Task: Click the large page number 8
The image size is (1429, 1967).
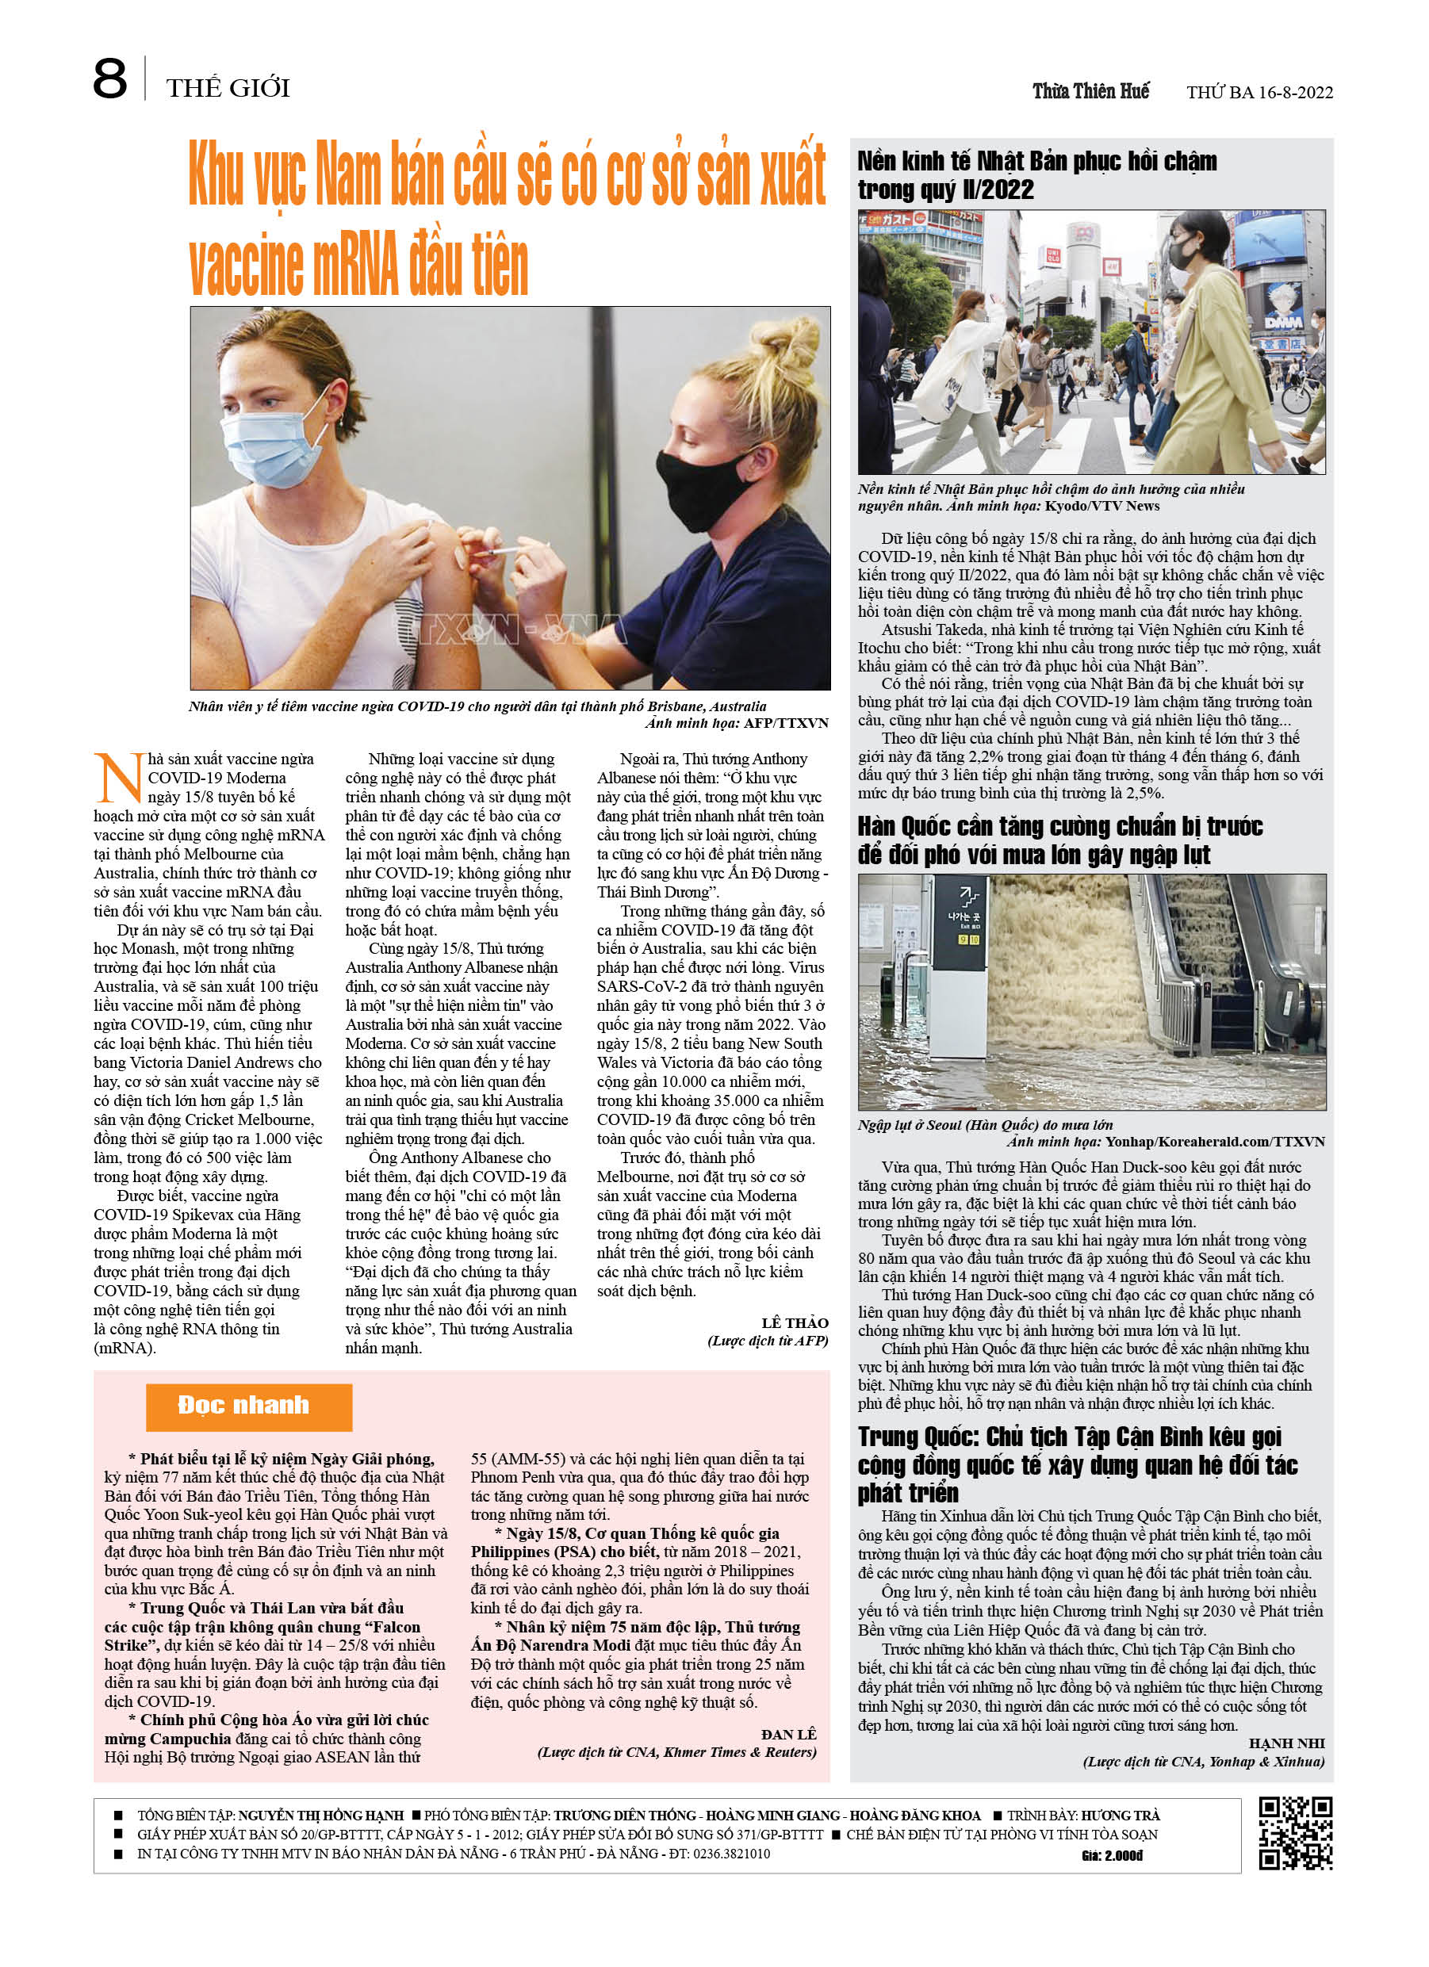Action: [x=109, y=80]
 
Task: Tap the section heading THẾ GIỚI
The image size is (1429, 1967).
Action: [x=228, y=87]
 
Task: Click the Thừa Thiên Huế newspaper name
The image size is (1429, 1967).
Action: [x=1090, y=91]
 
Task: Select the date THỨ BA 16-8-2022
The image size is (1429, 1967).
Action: [x=1259, y=93]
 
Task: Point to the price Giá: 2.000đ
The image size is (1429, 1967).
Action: [x=1112, y=1855]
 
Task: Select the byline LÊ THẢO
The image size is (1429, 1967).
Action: [x=794, y=1322]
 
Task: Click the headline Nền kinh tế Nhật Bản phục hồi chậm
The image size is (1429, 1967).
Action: [x=1036, y=174]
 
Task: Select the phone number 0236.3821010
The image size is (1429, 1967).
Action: [x=730, y=1854]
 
